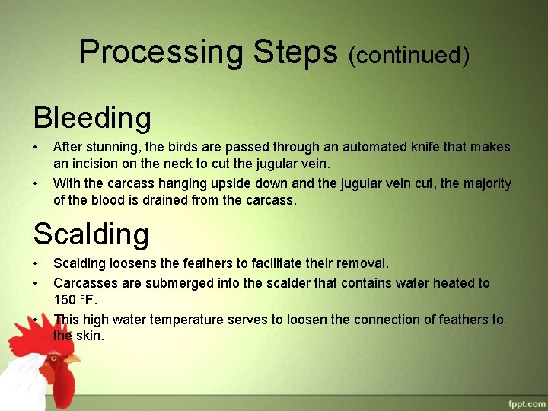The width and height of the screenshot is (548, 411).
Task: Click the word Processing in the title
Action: click(161, 53)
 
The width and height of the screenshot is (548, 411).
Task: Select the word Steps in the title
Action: click(296, 53)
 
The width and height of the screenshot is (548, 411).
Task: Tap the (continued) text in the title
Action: click(409, 55)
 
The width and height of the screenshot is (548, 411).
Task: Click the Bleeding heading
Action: click(92, 118)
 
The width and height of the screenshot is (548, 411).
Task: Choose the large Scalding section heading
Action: click(91, 234)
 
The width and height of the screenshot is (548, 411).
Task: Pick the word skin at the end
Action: click(91, 336)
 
